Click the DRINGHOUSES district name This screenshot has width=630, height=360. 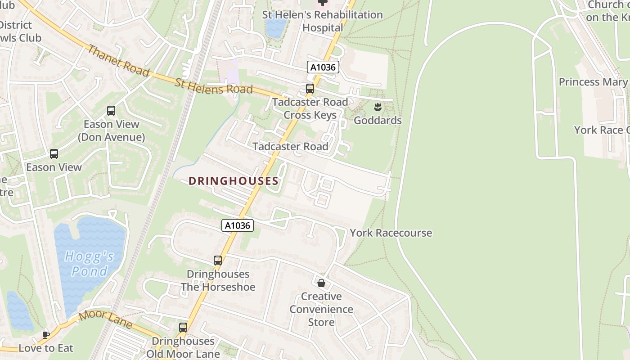tap(233, 181)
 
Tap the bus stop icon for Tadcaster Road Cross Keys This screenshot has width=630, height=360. tap(310, 89)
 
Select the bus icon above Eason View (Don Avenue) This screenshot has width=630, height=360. tap(111, 110)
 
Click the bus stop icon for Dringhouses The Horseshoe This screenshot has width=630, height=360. tap(218, 261)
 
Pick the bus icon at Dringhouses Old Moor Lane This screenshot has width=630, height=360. tap(183, 328)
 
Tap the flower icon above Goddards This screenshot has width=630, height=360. tap(378, 107)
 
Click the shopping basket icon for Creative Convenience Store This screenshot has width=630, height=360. tap(321, 283)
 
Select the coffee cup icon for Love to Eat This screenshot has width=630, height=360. tap(45, 334)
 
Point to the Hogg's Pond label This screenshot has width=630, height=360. tap(89, 264)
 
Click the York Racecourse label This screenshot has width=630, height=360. tap(391, 233)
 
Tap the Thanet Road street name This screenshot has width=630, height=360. tap(117, 60)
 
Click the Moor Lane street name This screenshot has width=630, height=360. tap(106, 319)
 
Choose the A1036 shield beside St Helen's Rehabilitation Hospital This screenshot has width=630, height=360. tap(323, 67)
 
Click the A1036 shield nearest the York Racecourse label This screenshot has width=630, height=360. tap(238, 225)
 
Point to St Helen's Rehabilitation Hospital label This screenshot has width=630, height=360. tap(322, 21)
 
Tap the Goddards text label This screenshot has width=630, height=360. tap(378, 121)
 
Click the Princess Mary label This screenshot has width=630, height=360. tap(593, 82)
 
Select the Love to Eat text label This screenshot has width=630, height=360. tap(46, 348)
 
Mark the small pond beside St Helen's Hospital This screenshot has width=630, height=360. tap(276, 27)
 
